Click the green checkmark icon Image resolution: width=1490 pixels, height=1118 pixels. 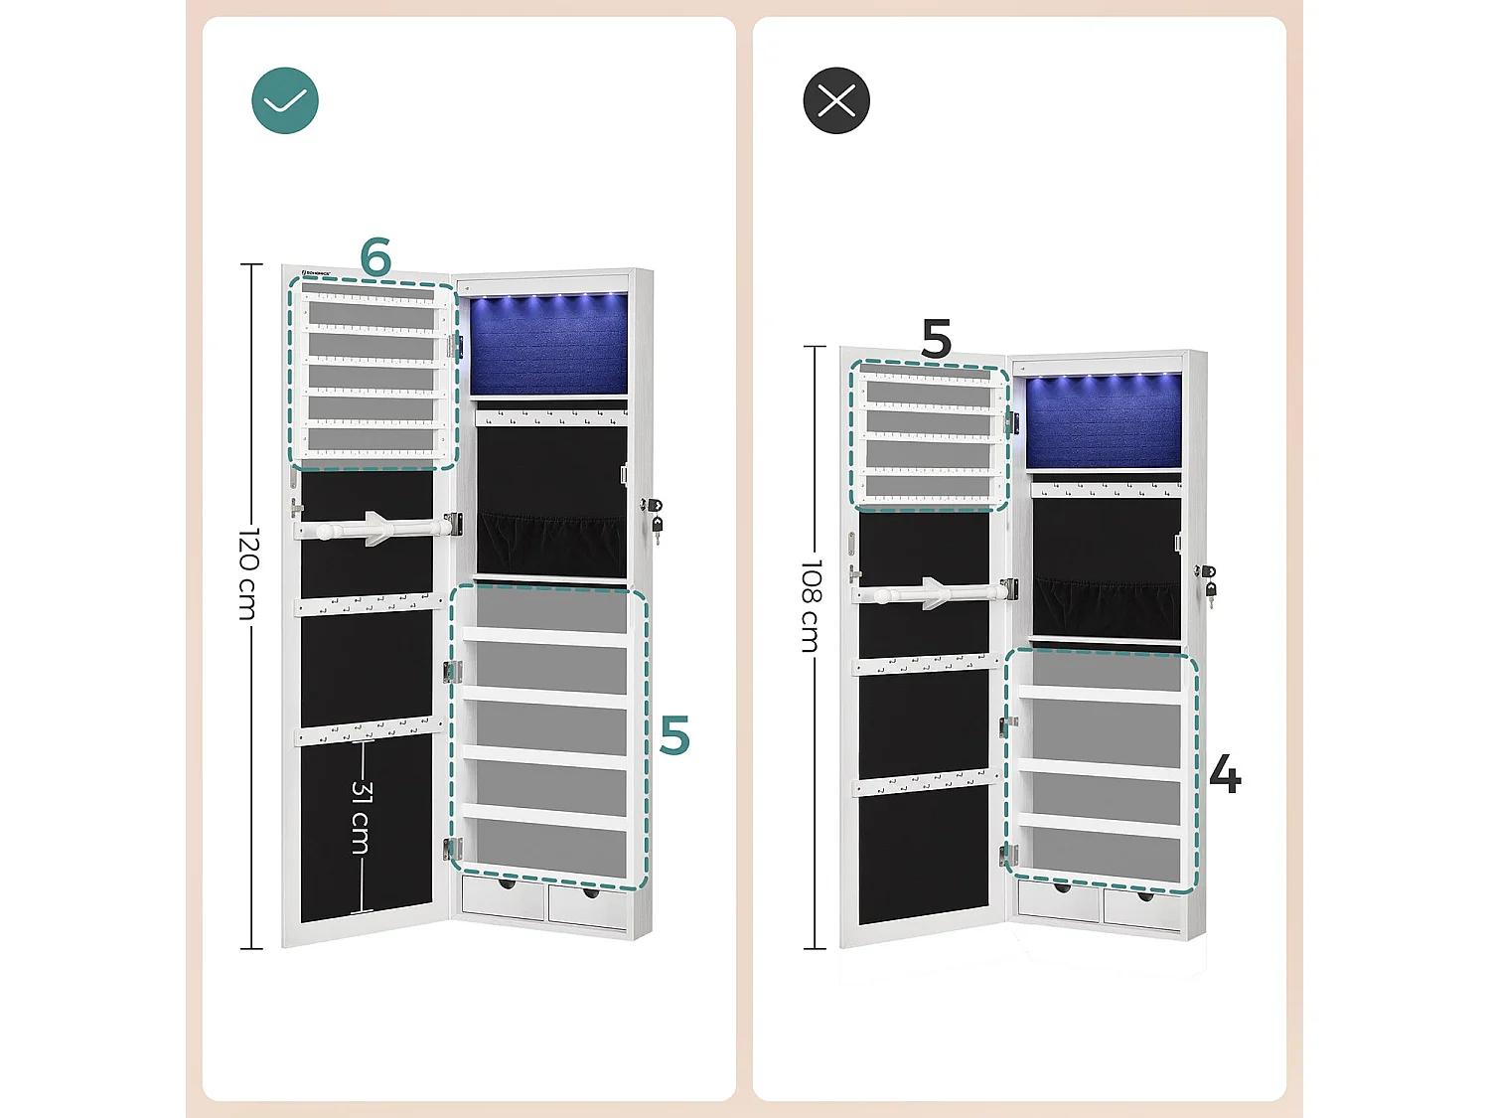[x=285, y=100]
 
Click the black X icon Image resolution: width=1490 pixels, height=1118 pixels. [x=836, y=100]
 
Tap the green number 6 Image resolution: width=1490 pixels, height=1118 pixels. [x=375, y=257]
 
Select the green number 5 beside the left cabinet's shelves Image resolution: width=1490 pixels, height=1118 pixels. [x=674, y=736]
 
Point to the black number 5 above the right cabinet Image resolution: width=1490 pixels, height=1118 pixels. [x=936, y=339]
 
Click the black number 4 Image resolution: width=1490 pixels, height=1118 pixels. [x=1225, y=774]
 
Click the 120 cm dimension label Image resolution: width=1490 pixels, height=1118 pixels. [x=249, y=573]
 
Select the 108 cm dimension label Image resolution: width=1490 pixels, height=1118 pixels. [x=812, y=605]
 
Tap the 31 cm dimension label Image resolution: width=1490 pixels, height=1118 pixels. [x=362, y=817]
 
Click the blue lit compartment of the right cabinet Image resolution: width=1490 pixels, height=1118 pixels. [x=1104, y=420]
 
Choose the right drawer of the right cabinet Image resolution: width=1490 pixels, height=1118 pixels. [x=1141, y=910]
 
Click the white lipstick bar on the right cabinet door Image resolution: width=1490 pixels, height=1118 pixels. [x=930, y=593]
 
